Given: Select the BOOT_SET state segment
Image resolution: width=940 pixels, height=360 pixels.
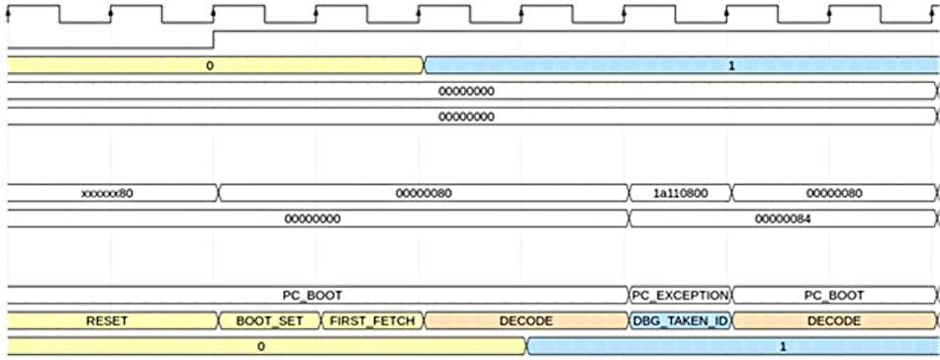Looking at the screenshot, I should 269,321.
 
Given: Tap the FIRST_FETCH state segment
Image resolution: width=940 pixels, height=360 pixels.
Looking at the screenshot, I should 371,321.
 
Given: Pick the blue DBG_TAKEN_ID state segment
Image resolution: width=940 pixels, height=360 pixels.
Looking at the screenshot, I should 680,321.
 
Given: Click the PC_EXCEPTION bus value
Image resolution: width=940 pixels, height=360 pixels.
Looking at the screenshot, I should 680,296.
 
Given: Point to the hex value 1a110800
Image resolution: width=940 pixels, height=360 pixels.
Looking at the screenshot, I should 680,194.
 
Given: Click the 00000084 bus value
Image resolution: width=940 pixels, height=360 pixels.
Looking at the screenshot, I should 784,220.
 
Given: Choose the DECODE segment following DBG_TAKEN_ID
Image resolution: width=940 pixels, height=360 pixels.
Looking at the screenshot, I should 833,321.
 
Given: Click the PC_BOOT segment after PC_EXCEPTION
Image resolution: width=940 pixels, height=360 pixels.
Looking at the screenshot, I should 833,296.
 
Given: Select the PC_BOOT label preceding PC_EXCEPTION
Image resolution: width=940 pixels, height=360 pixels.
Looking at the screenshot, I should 313,296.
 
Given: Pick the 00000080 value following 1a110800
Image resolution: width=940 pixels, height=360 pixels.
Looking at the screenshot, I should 833,194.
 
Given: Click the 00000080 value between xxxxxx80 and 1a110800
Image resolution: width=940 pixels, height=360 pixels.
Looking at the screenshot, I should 423,194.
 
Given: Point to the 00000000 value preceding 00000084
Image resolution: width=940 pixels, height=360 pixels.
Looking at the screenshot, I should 313,220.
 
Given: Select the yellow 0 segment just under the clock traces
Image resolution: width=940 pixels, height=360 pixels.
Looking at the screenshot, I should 210,65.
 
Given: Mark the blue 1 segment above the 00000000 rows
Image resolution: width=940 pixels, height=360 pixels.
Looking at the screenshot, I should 681,65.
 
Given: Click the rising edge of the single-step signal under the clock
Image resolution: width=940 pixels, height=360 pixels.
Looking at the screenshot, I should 215,40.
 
